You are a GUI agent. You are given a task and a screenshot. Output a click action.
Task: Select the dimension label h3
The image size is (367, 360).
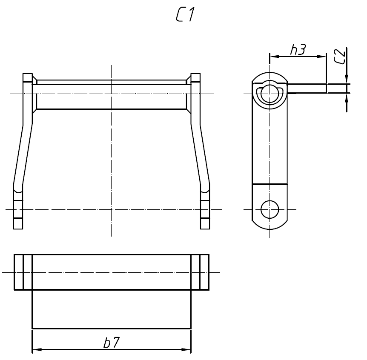pyautogui.click(x=298, y=49)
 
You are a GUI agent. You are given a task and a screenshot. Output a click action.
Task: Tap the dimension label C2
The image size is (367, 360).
pyautogui.click(x=339, y=57)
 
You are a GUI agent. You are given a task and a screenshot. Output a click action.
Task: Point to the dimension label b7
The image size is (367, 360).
pyautogui.click(x=112, y=343)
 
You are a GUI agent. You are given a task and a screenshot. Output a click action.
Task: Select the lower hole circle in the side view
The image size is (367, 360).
pyautogui.click(x=270, y=209)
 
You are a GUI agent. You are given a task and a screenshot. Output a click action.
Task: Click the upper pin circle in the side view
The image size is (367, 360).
pyautogui.click(x=270, y=94)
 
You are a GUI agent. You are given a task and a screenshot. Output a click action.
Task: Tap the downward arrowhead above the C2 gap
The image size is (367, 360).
pyautogui.click(x=347, y=79)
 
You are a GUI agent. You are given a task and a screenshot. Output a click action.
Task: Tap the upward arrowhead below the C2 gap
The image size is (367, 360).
pyautogui.click(x=347, y=98)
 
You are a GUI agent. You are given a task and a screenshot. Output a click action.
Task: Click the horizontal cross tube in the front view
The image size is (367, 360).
pyautogui.click(x=112, y=97)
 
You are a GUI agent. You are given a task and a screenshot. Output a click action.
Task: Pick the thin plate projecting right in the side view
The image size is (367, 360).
pyautogui.click(x=307, y=89)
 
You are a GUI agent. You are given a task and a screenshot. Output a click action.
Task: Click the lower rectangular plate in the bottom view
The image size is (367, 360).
pyautogui.click(x=112, y=309)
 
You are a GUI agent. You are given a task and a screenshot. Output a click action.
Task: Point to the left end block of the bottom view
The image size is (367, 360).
pyautogui.click(x=23, y=272)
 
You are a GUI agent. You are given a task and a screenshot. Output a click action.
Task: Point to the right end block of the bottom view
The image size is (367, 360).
pyautogui.click(x=200, y=272)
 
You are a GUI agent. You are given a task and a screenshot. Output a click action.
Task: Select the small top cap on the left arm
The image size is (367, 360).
pyautogui.click(x=28, y=78)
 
